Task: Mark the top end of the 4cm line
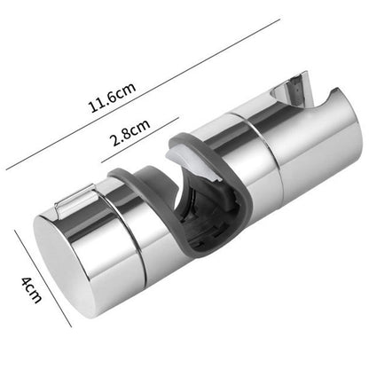coord(18,233)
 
